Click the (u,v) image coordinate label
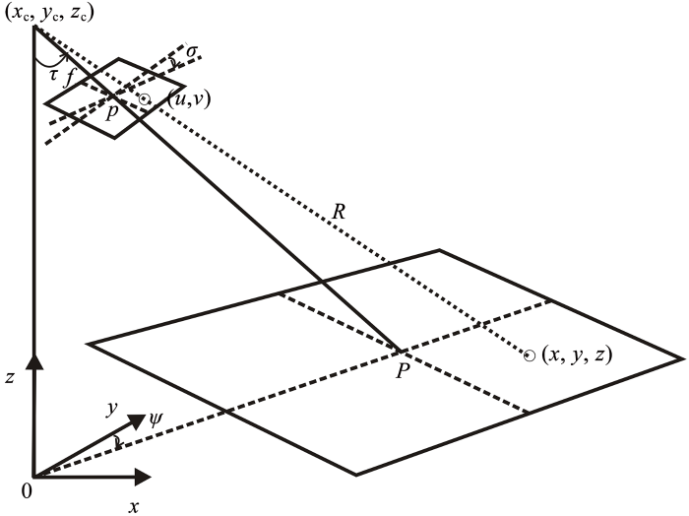coord(184,99)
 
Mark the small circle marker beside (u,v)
coord(145,98)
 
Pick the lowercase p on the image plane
coord(113,111)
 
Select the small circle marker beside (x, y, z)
coord(530,355)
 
